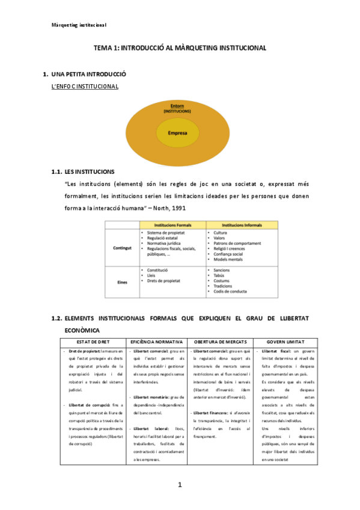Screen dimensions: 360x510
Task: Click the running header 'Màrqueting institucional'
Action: (79, 25)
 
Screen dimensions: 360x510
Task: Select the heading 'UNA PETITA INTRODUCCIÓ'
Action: (88, 75)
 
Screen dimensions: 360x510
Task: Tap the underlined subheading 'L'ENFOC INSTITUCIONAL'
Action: (85, 87)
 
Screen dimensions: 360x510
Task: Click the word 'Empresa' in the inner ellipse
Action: (178, 133)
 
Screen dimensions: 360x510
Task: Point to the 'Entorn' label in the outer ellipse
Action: (177, 106)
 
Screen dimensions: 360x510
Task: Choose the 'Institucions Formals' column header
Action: (172, 224)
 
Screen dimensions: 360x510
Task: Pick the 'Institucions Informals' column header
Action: (242, 224)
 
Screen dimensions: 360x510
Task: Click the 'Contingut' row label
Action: (122, 247)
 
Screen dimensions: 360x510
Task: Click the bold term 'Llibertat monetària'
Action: (151, 397)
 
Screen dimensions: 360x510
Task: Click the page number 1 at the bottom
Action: (179, 485)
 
